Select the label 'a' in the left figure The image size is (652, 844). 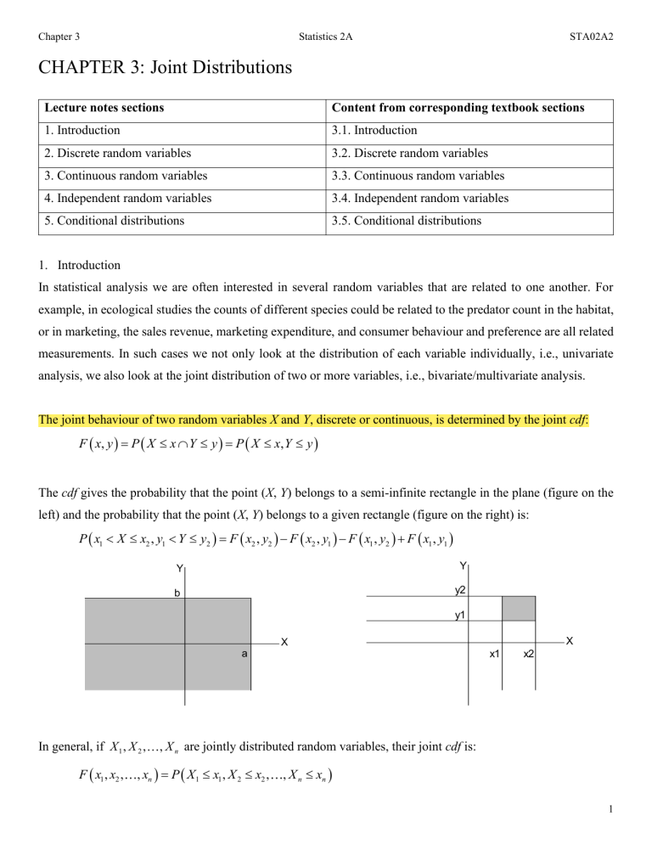click(242, 654)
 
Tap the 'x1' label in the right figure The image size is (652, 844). click(494, 653)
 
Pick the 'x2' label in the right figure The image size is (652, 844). click(528, 653)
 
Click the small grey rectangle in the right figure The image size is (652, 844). click(519, 608)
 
